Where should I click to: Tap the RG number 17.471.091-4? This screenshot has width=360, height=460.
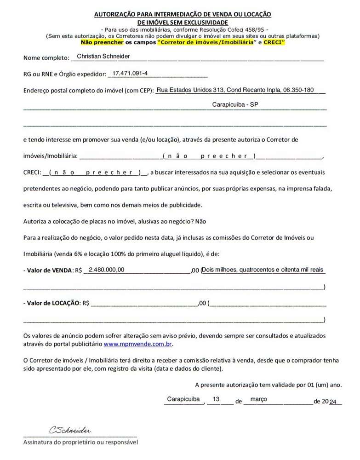point(130,73)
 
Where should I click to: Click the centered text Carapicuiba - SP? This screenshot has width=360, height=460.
point(235,105)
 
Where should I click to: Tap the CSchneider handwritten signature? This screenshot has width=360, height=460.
point(70,430)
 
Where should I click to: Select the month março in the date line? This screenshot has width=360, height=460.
point(258,399)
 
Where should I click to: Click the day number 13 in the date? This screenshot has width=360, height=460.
point(216,399)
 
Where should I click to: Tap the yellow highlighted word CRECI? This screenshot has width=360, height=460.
point(274,42)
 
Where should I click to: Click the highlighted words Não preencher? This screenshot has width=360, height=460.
point(102,42)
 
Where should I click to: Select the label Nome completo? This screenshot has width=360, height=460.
point(45,58)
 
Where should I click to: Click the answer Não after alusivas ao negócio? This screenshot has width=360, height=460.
point(200,221)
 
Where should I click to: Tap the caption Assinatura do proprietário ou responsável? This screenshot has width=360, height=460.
point(80,442)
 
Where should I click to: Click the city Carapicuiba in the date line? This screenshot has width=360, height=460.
point(183,399)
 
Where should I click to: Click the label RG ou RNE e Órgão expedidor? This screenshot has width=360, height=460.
point(64,75)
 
